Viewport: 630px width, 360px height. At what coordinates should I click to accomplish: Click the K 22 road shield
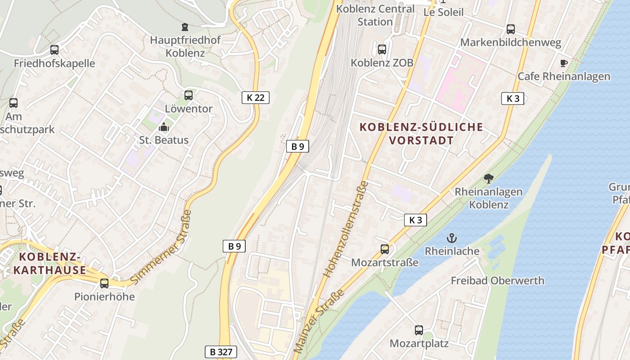pos(256,97)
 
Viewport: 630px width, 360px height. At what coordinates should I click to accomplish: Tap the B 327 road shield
pos(220,351)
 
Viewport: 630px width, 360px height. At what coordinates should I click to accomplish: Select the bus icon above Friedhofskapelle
pos(54,50)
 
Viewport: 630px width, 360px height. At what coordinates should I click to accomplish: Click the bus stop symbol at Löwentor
pos(189,95)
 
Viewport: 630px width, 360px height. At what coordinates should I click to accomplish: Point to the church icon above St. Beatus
pos(164,127)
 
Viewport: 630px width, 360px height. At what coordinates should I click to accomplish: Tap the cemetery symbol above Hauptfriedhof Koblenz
pos(185,27)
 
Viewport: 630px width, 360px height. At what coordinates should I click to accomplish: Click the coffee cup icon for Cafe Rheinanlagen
pos(564,63)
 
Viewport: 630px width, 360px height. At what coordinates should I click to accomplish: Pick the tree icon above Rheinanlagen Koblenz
pos(489,179)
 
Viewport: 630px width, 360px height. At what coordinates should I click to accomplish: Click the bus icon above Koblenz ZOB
pos(382,49)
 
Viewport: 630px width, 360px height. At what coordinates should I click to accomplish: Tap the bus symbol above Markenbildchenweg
pos(511,29)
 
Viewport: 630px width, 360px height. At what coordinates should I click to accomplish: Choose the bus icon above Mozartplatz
pos(419,330)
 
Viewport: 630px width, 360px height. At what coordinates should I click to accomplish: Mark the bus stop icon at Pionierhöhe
pos(104,283)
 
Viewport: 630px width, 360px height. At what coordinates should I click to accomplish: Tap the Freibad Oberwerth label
pos(497,281)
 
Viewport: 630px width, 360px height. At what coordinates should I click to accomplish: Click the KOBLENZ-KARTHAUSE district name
pos(49,264)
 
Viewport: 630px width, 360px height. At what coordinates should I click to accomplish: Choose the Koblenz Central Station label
pos(375,15)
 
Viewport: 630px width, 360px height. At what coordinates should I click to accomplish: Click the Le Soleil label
pos(443,12)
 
